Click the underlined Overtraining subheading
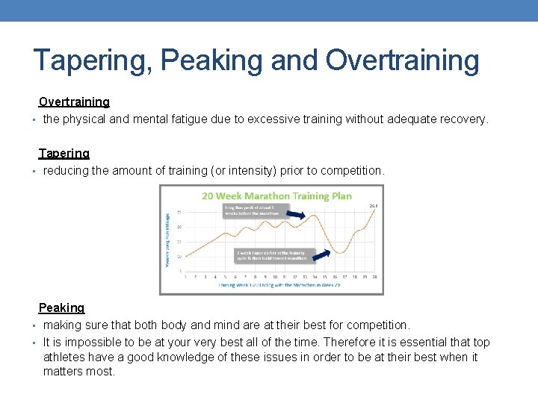coord(74,101)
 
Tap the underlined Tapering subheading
coord(64,153)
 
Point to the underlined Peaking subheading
coord(61,307)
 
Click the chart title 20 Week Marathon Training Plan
coord(276,196)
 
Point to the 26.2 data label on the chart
coord(373,205)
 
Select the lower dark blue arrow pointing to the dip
coord(324,256)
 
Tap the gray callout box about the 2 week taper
coord(271,254)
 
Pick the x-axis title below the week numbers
coord(276,285)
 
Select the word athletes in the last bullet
coord(66,357)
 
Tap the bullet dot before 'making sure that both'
coord(35,326)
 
